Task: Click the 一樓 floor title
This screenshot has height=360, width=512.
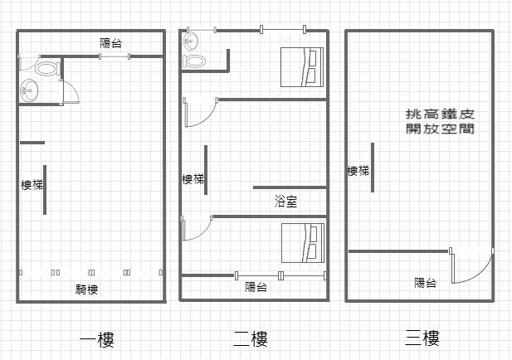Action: [x=96, y=339]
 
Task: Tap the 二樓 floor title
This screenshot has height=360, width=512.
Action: [x=251, y=338]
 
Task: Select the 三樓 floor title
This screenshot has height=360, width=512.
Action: [x=422, y=338]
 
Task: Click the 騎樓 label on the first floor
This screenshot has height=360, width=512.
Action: [x=87, y=289]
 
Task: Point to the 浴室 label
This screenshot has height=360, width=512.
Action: [x=285, y=202]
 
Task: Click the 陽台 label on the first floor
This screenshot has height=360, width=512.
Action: [x=112, y=43]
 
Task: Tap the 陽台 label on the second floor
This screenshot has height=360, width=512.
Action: [x=256, y=288]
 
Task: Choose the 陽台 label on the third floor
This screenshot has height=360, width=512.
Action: [x=426, y=283]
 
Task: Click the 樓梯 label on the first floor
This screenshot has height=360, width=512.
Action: [x=32, y=184]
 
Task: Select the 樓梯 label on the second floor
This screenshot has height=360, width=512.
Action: [x=193, y=179]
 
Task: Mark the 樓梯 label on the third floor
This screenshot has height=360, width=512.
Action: [x=358, y=171]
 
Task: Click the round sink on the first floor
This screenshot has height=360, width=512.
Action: [x=30, y=90]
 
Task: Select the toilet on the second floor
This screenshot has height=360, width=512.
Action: [x=195, y=60]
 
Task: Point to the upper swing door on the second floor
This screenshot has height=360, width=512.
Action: [x=197, y=111]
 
